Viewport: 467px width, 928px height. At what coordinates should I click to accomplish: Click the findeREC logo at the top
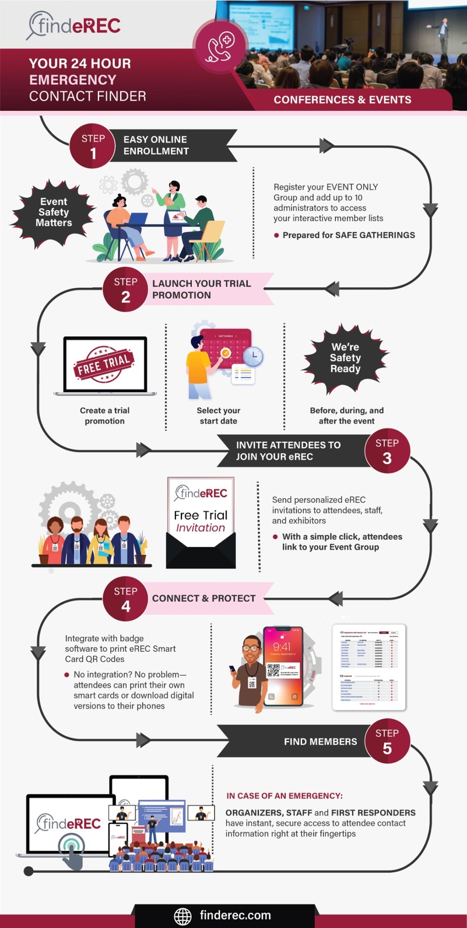(74, 26)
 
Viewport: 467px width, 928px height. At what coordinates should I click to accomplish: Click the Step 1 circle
(93, 146)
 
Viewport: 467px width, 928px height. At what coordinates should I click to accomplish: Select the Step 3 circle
(387, 451)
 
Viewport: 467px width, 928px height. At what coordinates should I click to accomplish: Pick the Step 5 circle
(387, 741)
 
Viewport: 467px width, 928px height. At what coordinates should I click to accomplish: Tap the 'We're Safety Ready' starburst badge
(345, 358)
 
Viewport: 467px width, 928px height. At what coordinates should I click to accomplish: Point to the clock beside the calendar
(253, 355)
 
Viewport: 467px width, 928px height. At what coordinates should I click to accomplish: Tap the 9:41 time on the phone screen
(282, 647)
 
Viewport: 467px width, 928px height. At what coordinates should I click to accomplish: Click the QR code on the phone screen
(273, 670)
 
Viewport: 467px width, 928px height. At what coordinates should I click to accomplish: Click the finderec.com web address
(235, 915)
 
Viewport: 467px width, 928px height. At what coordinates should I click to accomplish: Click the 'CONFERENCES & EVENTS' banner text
(342, 100)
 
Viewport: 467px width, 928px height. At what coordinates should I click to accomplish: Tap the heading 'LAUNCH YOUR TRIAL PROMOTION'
(201, 289)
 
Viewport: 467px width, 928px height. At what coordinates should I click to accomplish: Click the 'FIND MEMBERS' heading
(320, 741)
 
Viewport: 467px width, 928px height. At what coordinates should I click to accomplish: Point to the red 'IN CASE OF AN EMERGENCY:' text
(285, 796)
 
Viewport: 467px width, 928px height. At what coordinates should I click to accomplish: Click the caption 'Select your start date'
(219, 416)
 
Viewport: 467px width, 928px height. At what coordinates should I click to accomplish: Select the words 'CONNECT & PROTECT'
(203, 598)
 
